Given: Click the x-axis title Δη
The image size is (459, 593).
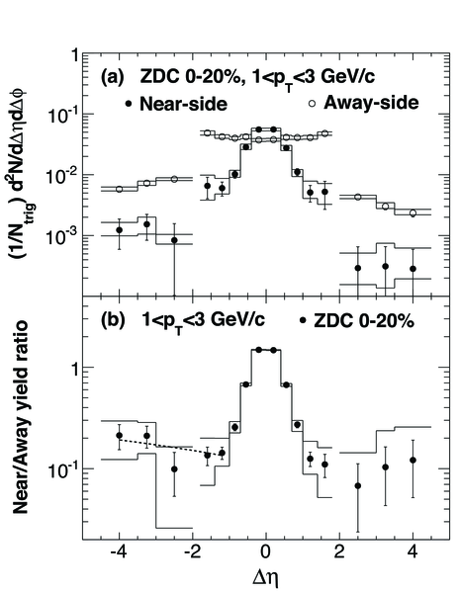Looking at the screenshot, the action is click(x=266, y=578).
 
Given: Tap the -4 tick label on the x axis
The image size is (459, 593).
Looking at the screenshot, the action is click(x=119, y=551).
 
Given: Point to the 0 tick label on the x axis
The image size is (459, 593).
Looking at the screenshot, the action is click(x=266, y=551).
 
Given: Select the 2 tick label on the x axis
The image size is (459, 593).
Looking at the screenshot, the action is click(x=339, y=551).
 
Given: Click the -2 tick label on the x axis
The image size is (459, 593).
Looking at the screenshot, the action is click(x=192, y=551).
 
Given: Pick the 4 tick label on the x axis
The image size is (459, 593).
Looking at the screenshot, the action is click(x=413, y=551).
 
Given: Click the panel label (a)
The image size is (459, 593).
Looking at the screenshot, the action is click(x=113, y=77).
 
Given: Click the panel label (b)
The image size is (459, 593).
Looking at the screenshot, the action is click(x=113, y=320).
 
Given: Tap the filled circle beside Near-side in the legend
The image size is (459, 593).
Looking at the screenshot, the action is click(x=129, y=103).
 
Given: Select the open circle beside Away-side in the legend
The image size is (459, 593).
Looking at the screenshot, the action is click(x=313, y=103).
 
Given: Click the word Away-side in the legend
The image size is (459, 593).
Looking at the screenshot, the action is click(x=371, y=103).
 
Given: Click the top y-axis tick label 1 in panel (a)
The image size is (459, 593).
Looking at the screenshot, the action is click(x=74, y=55).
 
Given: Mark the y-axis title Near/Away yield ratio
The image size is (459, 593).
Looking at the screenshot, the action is click(x=21, y=417).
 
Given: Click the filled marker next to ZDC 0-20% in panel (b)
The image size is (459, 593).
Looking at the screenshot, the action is click(x=303, y=320).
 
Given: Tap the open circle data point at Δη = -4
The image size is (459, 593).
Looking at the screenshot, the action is click(x=119, y=189).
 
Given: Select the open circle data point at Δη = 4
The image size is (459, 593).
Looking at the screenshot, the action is click(x=413, y=213).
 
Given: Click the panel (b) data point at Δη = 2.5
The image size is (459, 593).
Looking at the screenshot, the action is click(x=357, y=485).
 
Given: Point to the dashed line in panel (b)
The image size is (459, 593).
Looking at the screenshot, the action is click(x=170, y=447).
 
